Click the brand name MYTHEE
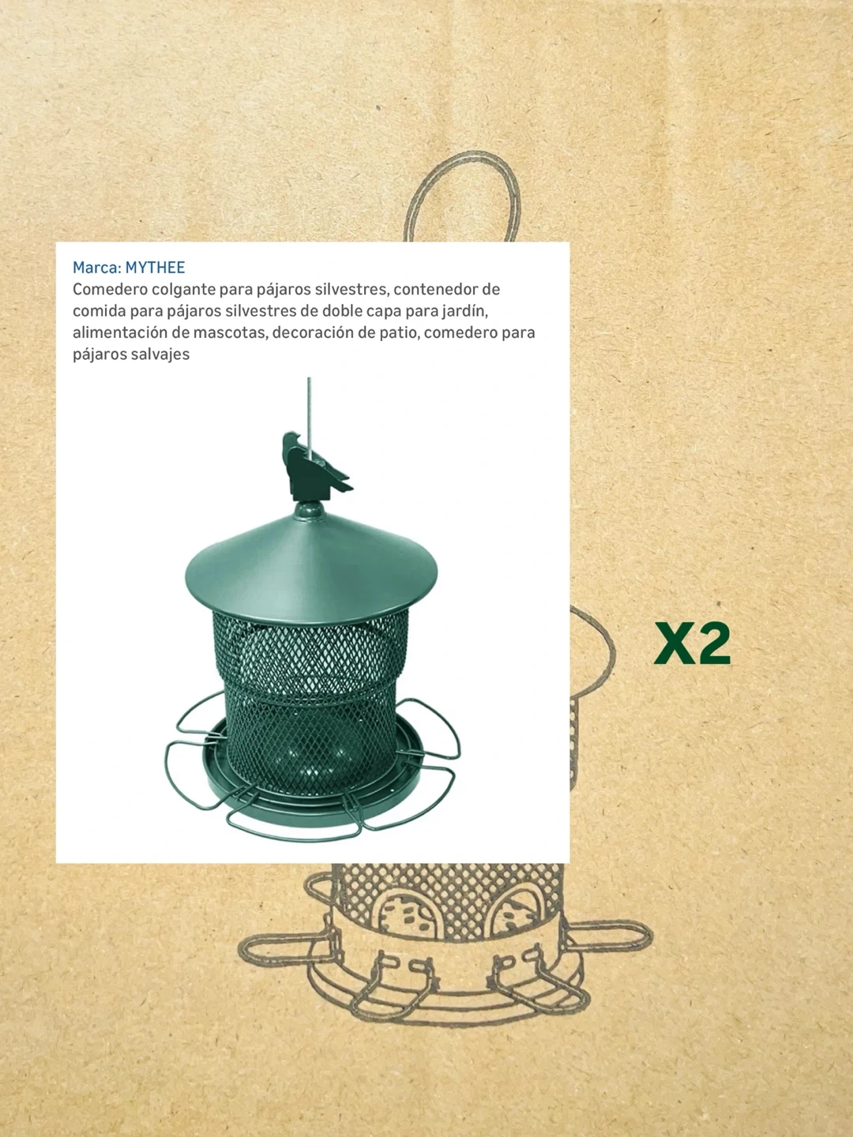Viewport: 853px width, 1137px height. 155,268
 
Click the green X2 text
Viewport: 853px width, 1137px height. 692,644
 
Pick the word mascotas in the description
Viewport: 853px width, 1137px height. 231,333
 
